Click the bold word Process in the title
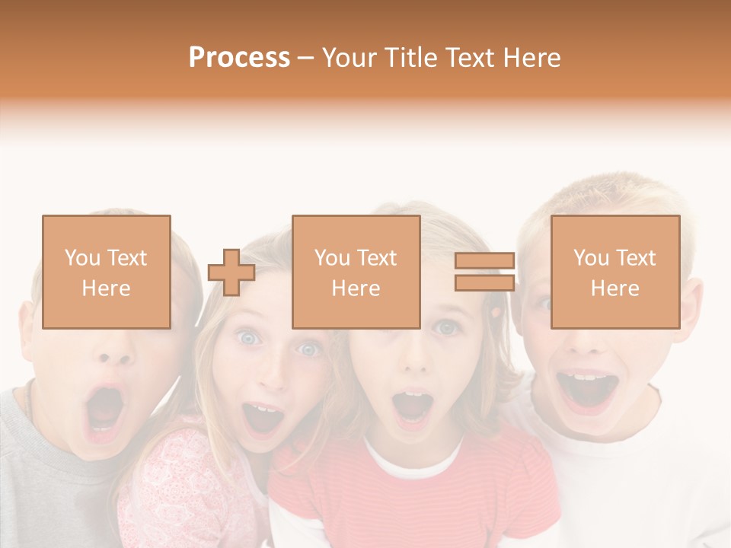(239, 58)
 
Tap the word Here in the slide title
(531, 58)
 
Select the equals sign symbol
(484, 272)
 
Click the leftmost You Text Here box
(107, 272)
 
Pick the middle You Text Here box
(356, 272)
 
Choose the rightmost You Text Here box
(614, 272)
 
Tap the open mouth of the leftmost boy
(104, 411)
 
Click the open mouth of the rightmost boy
(586, 388)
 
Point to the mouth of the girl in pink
(263, 418)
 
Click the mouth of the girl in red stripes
(413, 406)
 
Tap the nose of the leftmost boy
(114, 352)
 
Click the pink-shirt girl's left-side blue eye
(248, 337)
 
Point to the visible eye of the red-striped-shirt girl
(446, 327)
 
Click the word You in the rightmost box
(591, 258)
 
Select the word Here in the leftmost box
(107, 288)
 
